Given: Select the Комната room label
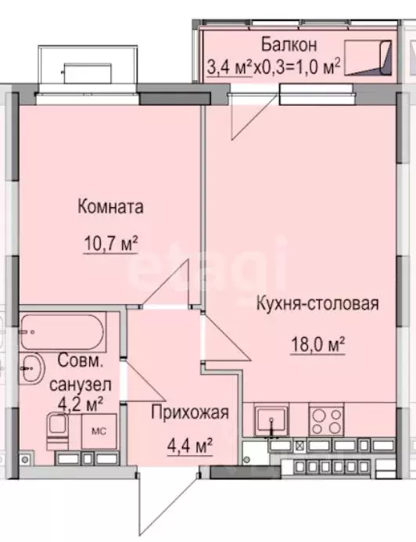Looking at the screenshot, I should [x=110, y=207].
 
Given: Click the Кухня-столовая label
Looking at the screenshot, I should [x=317, y=304].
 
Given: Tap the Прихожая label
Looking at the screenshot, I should [x=191, y=413].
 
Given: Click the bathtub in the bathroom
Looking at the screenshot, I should [x=63, y=332].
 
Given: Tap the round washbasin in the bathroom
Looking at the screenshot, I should [x=32, y=368].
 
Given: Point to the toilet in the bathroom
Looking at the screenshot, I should [x=58, y=429].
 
